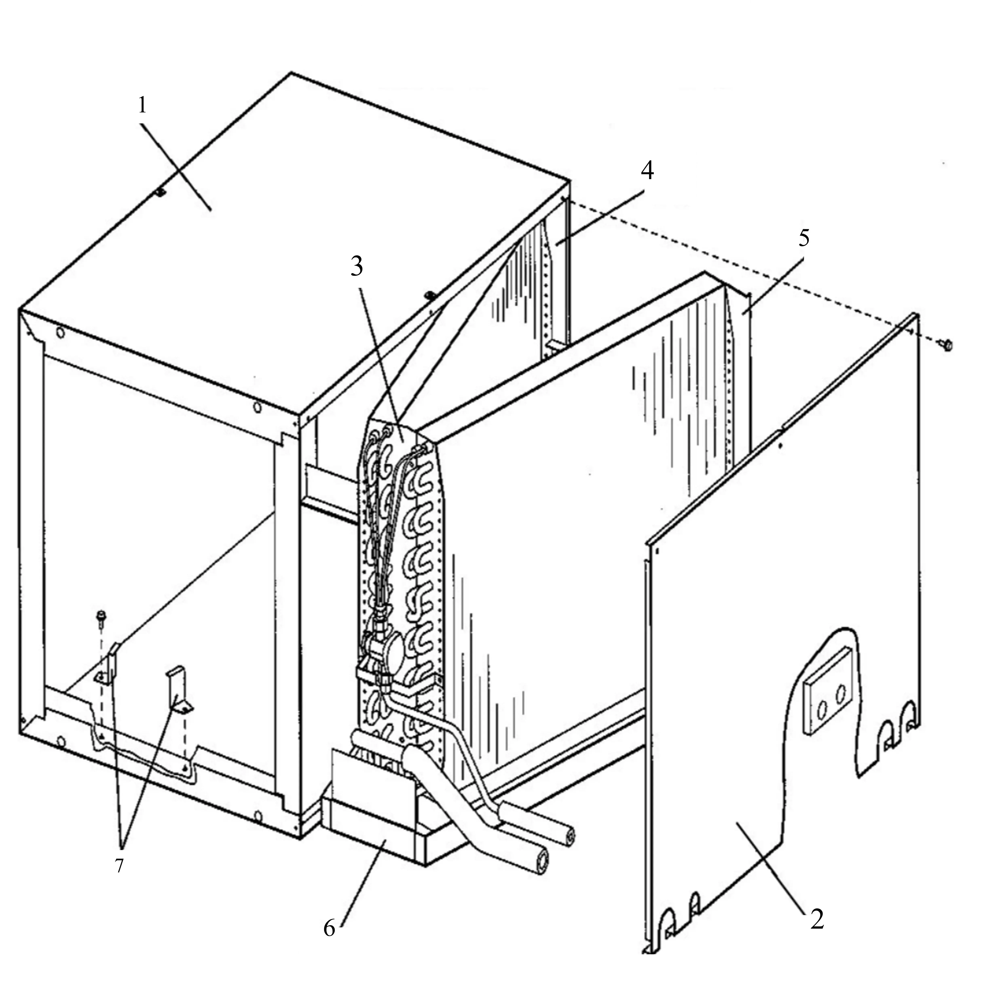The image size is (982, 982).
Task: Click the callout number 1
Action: [x=142, y=105]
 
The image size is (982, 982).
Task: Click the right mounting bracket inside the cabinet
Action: [x=178, y=691]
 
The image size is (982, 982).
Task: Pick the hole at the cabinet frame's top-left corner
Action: [x=60, y=333]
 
